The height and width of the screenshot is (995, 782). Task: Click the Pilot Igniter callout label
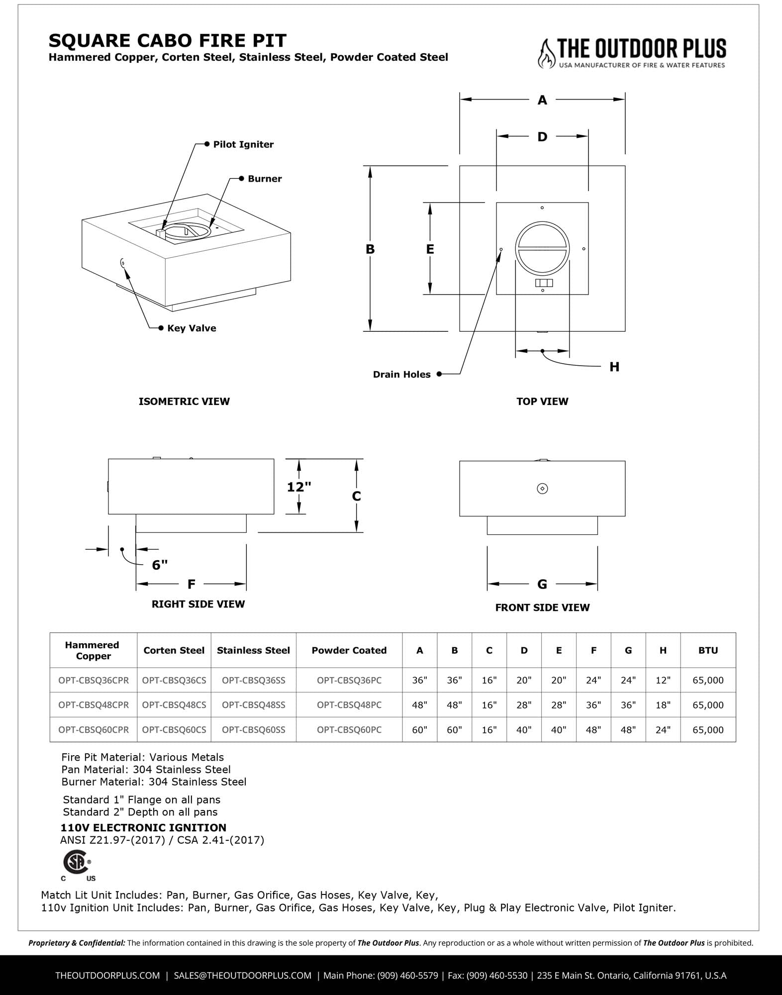243,144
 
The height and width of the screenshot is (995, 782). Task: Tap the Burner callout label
265,179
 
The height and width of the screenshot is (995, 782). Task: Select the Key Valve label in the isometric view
192,328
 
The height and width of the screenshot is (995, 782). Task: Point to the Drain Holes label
401,375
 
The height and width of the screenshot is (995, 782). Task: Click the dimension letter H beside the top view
614,367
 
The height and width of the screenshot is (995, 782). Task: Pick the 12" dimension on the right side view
299,487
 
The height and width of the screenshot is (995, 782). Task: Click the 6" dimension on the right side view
160,565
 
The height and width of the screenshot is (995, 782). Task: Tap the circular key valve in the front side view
542,489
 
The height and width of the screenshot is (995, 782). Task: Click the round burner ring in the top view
542,248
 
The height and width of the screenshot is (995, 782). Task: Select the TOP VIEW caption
542,401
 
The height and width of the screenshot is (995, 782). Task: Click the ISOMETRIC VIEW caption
184,401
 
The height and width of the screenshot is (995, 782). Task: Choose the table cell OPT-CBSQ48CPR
94,705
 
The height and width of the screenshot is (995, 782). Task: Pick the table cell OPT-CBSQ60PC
349,730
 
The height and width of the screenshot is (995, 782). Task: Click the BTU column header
708,650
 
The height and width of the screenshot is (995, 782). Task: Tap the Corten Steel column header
174,650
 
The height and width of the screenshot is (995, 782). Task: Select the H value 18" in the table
663,705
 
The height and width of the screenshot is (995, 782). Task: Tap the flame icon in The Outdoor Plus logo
546,53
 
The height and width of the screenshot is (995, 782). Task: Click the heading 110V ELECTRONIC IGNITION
143,828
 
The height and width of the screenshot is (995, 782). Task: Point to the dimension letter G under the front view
542,584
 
